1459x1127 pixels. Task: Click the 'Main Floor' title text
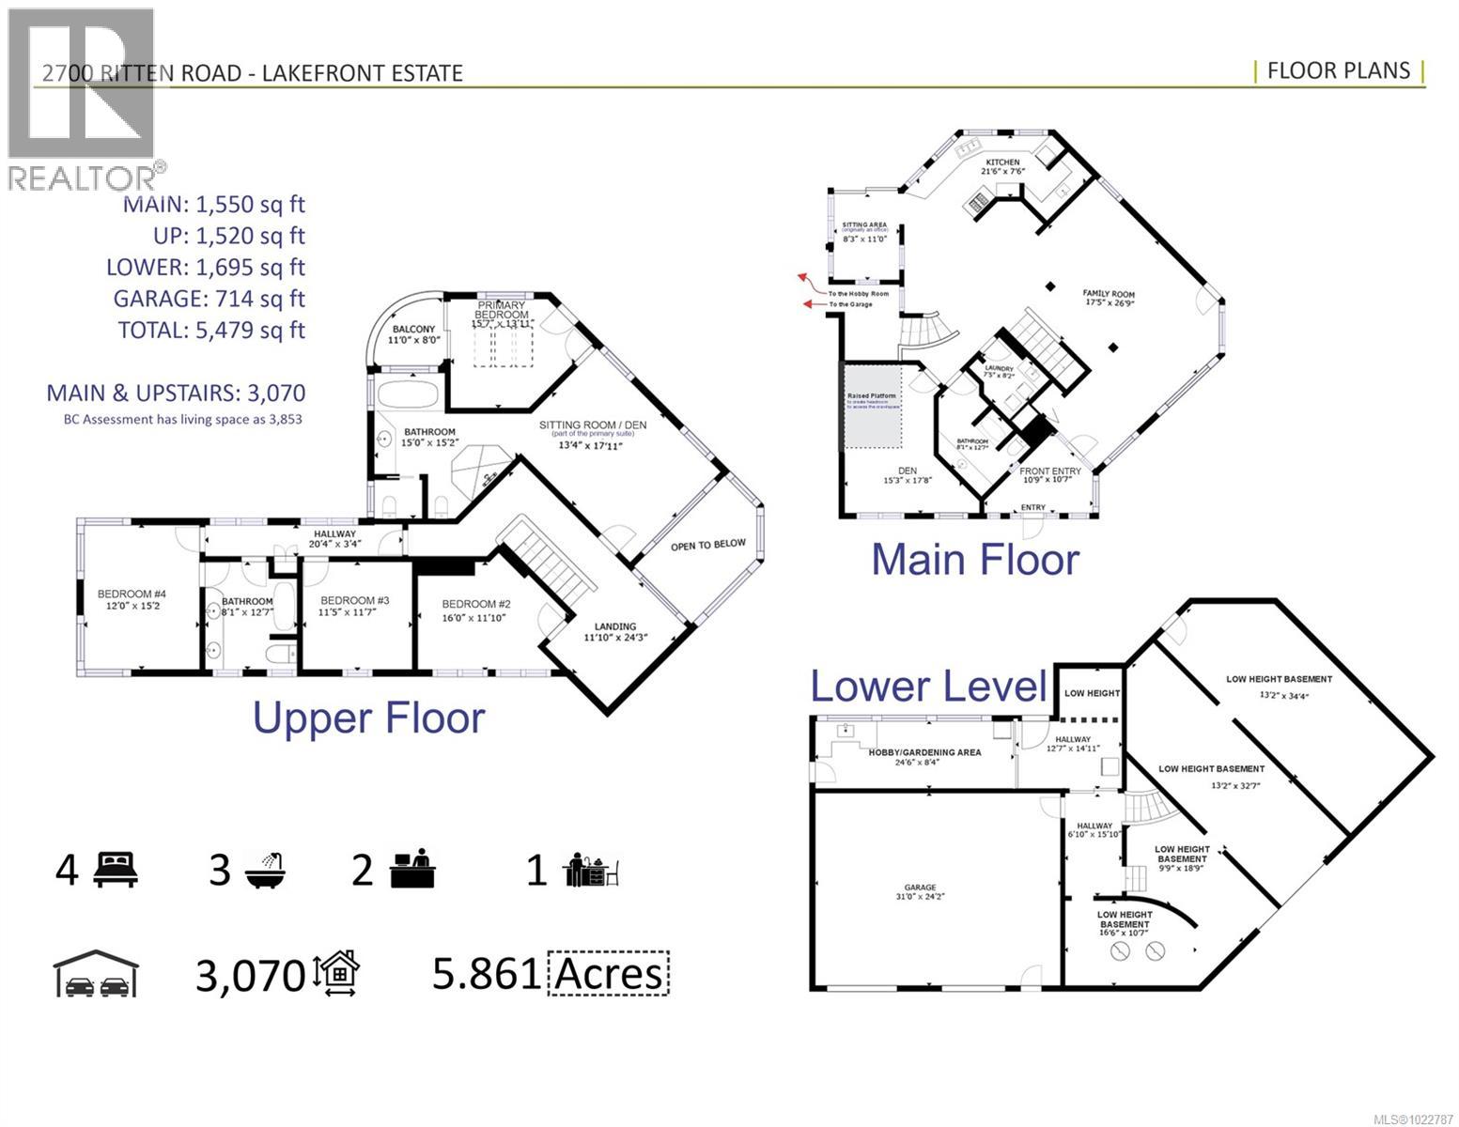[975, 559]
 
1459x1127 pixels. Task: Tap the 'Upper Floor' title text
[369, 718]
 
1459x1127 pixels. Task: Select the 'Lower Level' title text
[927, 686]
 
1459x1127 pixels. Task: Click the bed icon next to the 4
[116, 870]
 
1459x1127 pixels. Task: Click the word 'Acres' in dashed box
[609, 974]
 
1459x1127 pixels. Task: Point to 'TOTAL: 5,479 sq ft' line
[211, 330]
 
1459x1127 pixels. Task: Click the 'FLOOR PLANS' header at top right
[1338, 71]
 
